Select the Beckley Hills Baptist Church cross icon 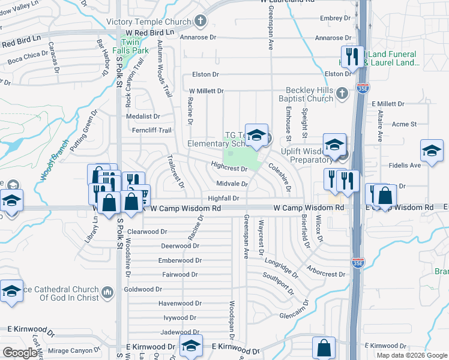(341, 93)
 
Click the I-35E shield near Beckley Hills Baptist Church (363, 88)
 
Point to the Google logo (20, 353)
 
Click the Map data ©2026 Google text (412, 355)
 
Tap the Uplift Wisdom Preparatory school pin (333, 144)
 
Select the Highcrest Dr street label (229, 169)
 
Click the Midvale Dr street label (232, 184)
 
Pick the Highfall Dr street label (223, 198)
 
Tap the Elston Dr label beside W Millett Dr (205, 74)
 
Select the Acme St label (403, 124)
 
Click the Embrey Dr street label (330, 18)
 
